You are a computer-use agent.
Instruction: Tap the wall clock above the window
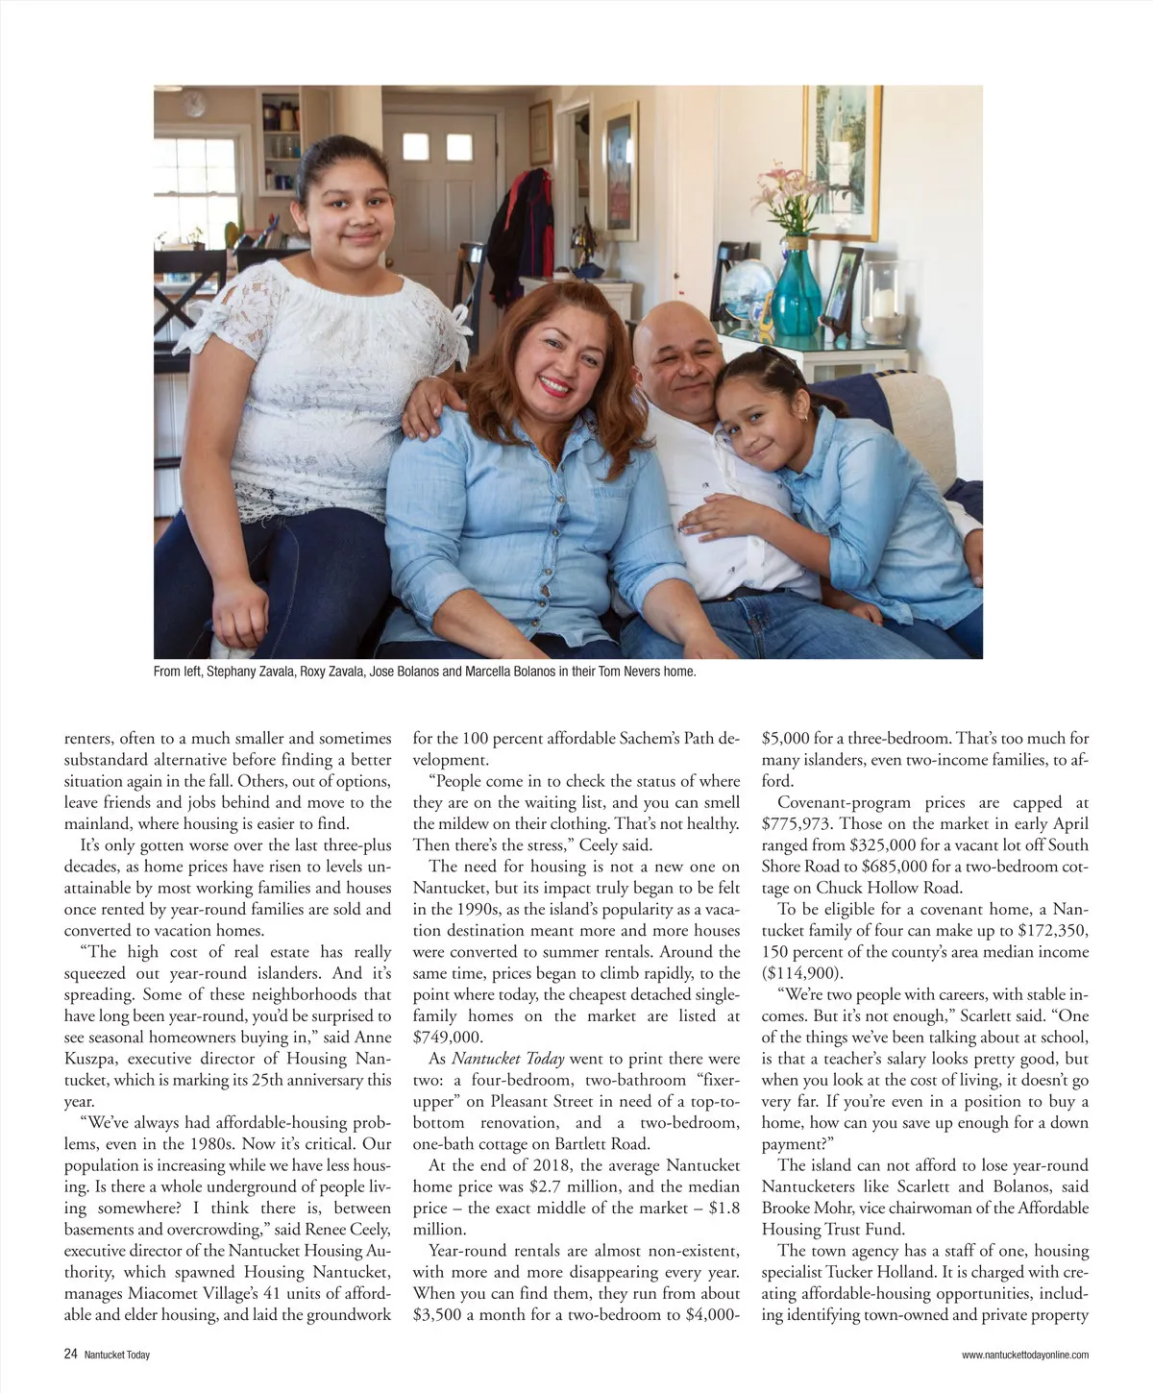[x=196, y=101]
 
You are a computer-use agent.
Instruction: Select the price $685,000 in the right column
[x=889, y=867]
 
